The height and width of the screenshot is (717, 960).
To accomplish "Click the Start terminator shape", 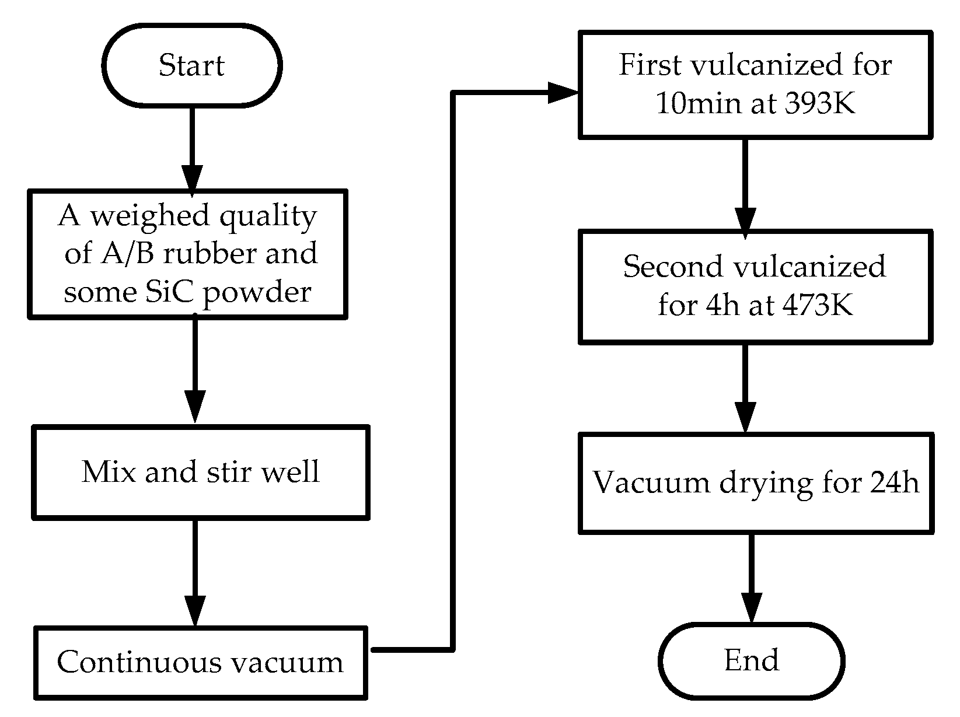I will coord(191,65).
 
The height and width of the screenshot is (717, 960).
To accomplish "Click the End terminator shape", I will coord(752,660).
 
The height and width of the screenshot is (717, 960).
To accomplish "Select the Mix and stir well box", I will coord(201,471).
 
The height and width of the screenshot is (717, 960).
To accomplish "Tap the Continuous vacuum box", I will coord(201,662).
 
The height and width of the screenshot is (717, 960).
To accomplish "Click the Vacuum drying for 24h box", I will coord(756,482).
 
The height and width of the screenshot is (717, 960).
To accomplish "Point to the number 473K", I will coord(820,305).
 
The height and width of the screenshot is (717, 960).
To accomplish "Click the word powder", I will coord(257,292).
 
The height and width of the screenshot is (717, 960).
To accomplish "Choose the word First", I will coord(650,65).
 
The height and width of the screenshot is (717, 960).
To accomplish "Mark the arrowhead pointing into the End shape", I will coord(751,608).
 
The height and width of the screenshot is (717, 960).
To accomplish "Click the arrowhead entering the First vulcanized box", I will coord(561,92).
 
